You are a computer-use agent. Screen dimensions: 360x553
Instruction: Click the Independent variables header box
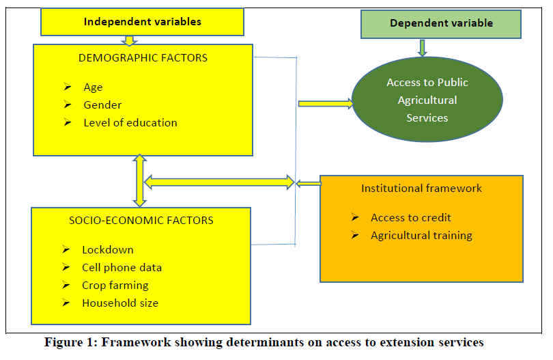[x=142, y=22]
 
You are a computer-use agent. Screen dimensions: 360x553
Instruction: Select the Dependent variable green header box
[x=441, y=23]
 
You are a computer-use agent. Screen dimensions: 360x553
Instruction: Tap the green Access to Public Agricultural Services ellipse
[x=427, y=100]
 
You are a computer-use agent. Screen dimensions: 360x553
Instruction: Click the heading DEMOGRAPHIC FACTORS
[x=143, y=58]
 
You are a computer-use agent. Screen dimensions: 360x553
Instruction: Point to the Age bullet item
[x=93, y=87]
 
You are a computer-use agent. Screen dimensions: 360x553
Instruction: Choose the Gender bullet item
[x=102, y=105]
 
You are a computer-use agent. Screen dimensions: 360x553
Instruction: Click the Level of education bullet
[x=130, y=123]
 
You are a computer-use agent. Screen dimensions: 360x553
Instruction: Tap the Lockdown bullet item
[x=107, y=249]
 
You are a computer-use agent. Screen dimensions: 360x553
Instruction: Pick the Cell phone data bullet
[x=122, y=267]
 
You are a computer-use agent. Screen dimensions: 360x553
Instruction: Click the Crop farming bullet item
[x=115, y=285]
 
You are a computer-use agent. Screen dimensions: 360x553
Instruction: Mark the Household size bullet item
[x=120, y=303]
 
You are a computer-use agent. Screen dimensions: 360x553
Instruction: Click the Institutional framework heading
[x=421, y=189]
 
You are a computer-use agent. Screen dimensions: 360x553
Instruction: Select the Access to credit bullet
[x=410, y=218]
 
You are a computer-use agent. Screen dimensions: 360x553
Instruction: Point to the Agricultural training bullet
[x=421, y=236]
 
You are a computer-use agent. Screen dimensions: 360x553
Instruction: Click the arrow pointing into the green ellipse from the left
[x=325, y=104]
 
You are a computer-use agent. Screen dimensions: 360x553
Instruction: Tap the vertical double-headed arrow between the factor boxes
[x=140, y=180]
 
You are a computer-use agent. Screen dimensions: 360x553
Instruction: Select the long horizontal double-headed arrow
[x=218, y=182]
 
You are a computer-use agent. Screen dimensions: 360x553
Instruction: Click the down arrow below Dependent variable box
[x=423, y=47]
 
